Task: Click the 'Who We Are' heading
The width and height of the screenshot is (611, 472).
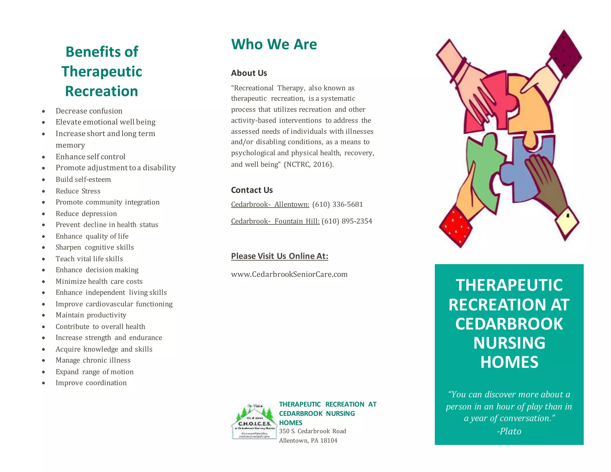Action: (x=274, y=44)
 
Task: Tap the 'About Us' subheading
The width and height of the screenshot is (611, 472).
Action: (x=249, y=73)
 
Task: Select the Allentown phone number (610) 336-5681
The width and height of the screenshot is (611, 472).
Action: (x=337, y=204)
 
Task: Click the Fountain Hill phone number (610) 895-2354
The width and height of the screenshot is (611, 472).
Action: (x=347, y=221)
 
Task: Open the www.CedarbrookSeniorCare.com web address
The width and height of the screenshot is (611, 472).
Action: (x=289, y=274)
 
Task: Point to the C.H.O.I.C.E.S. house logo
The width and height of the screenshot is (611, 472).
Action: (x=254, y=421)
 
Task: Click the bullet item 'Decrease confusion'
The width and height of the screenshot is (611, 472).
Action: (x=89, y=111)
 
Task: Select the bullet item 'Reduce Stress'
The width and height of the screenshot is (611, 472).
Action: (x=78, y=191)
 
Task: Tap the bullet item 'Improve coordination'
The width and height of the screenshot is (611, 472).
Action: (x=91, y=383)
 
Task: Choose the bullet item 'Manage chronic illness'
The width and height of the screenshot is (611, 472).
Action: (x=93, y=360)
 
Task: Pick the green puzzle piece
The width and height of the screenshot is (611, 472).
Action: (x=483, y=170)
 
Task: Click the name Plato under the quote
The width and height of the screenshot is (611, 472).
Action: (x=509, y=431)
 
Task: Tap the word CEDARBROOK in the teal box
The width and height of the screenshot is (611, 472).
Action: (x=509, y=324)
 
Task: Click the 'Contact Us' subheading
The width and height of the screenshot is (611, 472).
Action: (x=252, y=190)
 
